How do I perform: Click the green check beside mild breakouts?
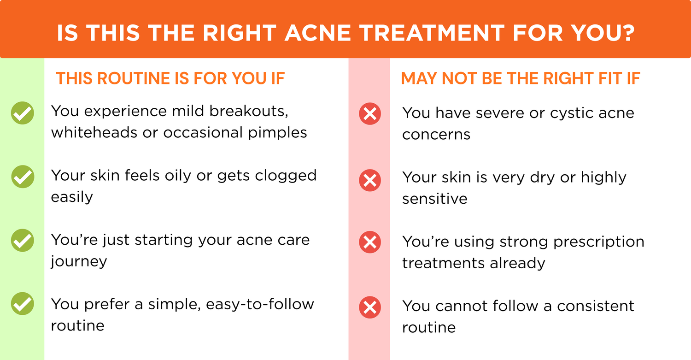(23, 113)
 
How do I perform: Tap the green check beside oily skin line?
(23, 177)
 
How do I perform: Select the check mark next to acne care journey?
(23, 240)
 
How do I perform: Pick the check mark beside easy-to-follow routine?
(23, 304)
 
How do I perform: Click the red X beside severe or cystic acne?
(370, 113)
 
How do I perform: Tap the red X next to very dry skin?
(370, 180)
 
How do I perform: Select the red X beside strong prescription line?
(370, 242)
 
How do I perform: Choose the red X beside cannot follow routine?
(370, 307)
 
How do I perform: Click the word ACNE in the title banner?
(318, 33)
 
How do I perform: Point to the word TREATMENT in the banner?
(432, 33)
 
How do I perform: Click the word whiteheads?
(94, 132)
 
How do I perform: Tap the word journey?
(79, 262)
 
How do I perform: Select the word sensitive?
(435, 199)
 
